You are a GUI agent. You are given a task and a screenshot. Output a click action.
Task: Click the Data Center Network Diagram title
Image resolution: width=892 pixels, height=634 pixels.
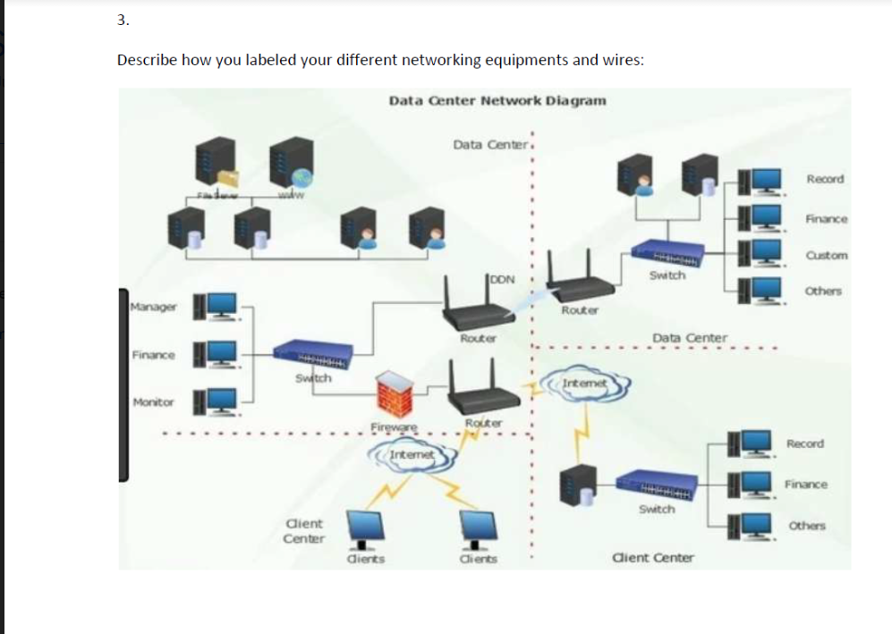pyautogui.click(x=497, y=100)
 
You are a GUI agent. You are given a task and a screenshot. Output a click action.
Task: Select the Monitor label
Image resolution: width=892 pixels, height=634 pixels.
pyautogui.click(x=153, y=402)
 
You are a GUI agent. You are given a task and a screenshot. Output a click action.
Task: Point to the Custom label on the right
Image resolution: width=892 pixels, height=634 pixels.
pyautogui.click(x=826, y=255)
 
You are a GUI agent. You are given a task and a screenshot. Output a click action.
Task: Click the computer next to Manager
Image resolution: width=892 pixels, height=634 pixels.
pyautogui.click(x=217, y=306)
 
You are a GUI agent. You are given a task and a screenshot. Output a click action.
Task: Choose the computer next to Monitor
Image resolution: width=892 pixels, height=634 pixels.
pyautogui.click(x=217, y=402)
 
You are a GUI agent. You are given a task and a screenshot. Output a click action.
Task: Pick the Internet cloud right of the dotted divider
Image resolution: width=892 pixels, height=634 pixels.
pyautogui.click(x=585, y=384)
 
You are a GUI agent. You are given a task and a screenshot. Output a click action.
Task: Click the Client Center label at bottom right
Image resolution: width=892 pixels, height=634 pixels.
pyautogui.click(x=652, y=558)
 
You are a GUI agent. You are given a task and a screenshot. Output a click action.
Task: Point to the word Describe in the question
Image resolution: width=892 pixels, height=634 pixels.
pyautogui.click(x=148, y=60)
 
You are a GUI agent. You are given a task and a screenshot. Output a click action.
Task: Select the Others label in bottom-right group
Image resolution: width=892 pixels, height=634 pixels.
pyautogui.click(x=806, y=525)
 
